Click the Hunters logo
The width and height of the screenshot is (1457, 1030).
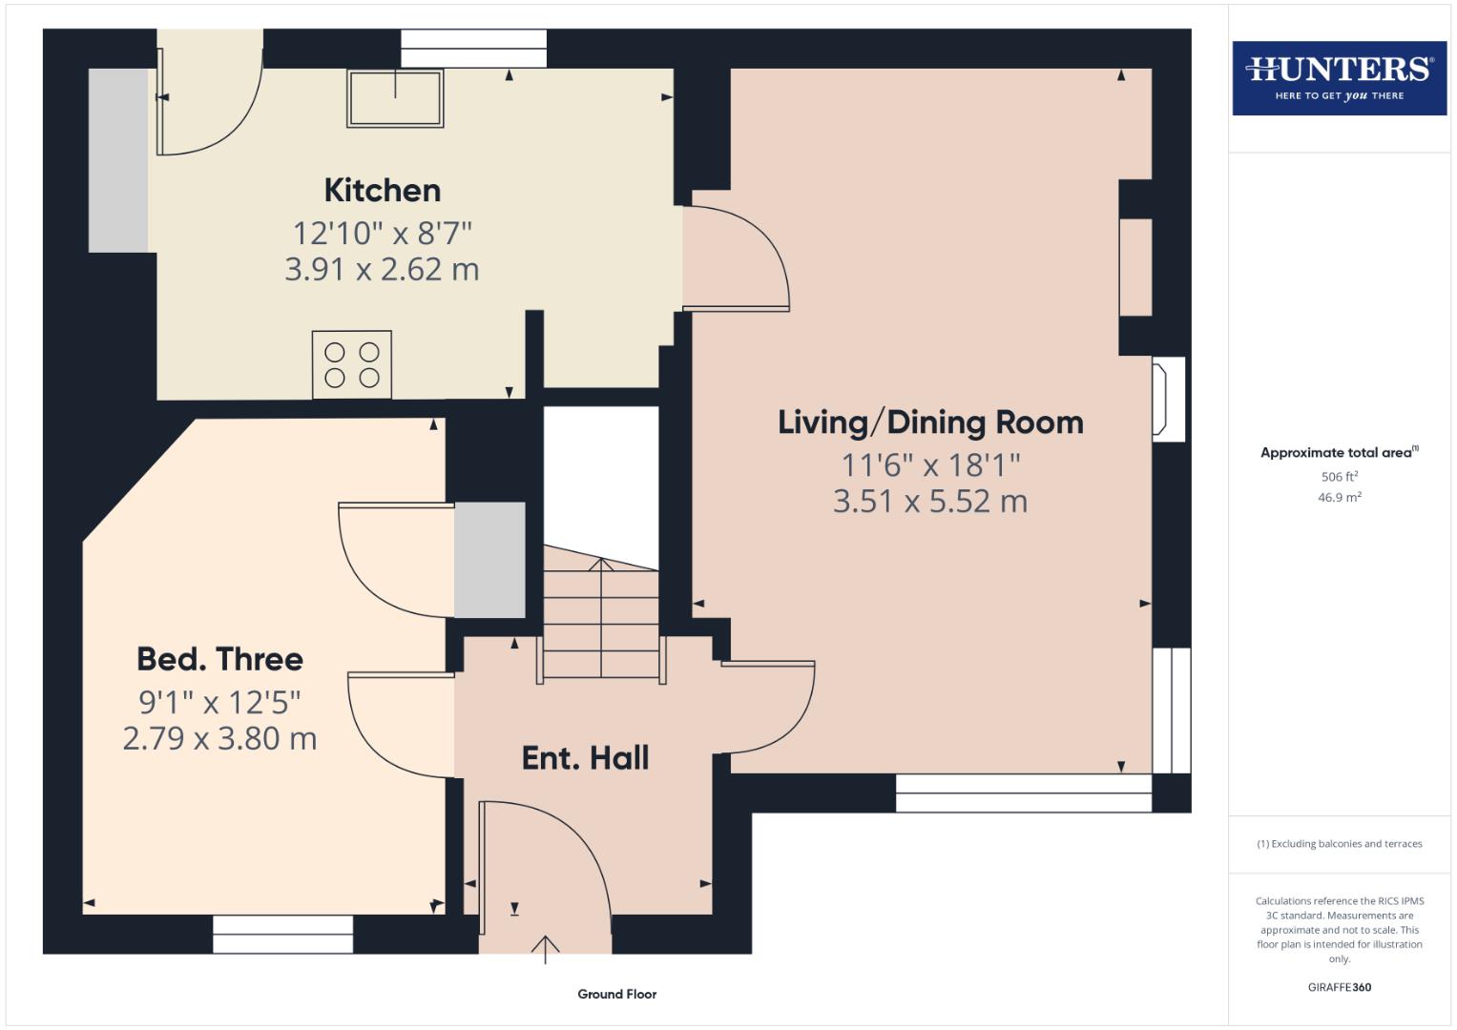(1339, 77)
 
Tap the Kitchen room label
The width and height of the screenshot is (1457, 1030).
(382, 190)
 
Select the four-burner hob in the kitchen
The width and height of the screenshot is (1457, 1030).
(351, 364)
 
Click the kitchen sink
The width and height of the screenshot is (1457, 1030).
(395, 97)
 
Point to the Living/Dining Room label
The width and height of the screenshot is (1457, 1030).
(930, 422)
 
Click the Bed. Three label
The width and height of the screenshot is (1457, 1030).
(219, 659)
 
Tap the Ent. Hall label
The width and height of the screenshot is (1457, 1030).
(585, 758)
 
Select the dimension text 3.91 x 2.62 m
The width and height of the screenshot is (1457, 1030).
(382, 270)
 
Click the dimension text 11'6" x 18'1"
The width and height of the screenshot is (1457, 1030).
(930, 465)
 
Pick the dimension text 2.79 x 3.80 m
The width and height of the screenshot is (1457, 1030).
(219, 739)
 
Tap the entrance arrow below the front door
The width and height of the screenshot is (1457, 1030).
(545, 949)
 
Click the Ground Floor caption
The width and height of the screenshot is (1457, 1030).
(616, 994)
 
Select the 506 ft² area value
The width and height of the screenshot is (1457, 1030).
(1339, 476)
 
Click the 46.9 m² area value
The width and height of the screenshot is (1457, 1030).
(1339, 497)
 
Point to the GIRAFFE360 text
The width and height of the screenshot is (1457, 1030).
(1339, 987)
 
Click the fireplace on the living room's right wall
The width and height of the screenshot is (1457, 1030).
(1168, 399)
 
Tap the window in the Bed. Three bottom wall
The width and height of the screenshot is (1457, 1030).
(282, 934)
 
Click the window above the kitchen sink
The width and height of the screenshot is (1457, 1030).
(473, 49)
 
